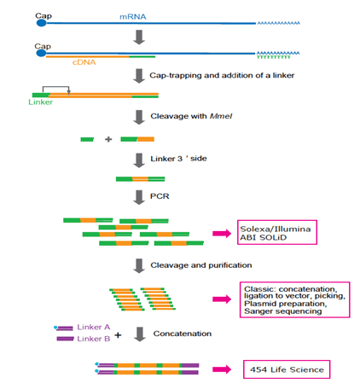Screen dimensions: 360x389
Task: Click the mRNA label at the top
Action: point(133,17)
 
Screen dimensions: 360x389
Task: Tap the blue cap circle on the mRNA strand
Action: point(42,23)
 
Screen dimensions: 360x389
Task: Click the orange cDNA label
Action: point(84,62)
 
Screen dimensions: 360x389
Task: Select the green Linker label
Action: point(40,102)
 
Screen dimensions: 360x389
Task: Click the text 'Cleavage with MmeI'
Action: point(191,116)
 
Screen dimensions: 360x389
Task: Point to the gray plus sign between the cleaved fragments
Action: point(108,139)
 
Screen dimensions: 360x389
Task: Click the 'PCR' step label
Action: point(160,196)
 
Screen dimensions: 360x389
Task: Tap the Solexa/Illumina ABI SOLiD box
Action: point(277,232)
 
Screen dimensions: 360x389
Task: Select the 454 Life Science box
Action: point(287,369)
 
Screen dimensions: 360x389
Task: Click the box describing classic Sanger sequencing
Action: point(295,299)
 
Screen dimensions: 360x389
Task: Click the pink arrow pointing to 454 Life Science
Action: point(222,369)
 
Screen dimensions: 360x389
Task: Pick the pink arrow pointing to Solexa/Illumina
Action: point(222,234)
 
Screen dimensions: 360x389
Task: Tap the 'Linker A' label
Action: point(94,327)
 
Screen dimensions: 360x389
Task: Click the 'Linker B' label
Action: point(94,339)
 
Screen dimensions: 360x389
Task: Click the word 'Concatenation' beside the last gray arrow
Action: point(183,334)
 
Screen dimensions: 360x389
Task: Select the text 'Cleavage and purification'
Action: point(201,265)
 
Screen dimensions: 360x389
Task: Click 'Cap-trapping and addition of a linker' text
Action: point(222,75)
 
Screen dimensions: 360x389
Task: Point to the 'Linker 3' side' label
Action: point(178,159)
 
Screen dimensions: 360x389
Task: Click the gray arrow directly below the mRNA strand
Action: point(139,37)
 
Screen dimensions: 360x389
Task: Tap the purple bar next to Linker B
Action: point(65,339)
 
